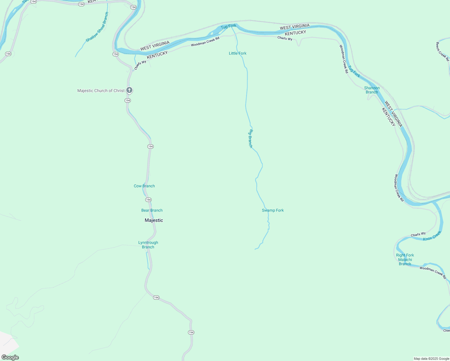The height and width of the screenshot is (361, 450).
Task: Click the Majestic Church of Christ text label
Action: point(101,91)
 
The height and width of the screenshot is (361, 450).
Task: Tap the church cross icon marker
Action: point(129,90)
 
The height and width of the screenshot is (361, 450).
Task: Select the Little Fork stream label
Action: point(238,53)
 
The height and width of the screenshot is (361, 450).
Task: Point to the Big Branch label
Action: point(251,138)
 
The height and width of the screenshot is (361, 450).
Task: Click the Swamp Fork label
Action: point(273,210)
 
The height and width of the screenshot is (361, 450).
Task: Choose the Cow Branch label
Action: point(144,186)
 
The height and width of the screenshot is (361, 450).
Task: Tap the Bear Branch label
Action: point(152,210)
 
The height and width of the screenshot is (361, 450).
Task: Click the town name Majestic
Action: point(154,220)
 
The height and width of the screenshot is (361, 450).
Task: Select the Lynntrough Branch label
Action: point(148,245)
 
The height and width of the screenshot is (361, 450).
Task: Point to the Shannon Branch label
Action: point(372,90)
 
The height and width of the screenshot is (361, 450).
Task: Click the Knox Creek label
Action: point(432,236)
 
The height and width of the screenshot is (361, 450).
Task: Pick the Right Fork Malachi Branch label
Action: point(405,259)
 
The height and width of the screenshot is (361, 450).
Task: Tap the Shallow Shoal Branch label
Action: point(97,27)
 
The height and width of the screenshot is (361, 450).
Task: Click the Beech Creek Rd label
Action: point(442,51)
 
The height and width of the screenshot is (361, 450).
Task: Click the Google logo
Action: point(10,357)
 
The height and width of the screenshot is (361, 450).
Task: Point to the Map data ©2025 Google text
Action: point(431,359)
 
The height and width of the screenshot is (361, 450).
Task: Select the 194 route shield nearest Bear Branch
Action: point(148,200)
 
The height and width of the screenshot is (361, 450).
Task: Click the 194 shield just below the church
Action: point(128,100)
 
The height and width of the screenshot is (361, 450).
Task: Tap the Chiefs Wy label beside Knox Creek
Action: point(418,234)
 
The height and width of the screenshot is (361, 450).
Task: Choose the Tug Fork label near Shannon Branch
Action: point(354,72)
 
